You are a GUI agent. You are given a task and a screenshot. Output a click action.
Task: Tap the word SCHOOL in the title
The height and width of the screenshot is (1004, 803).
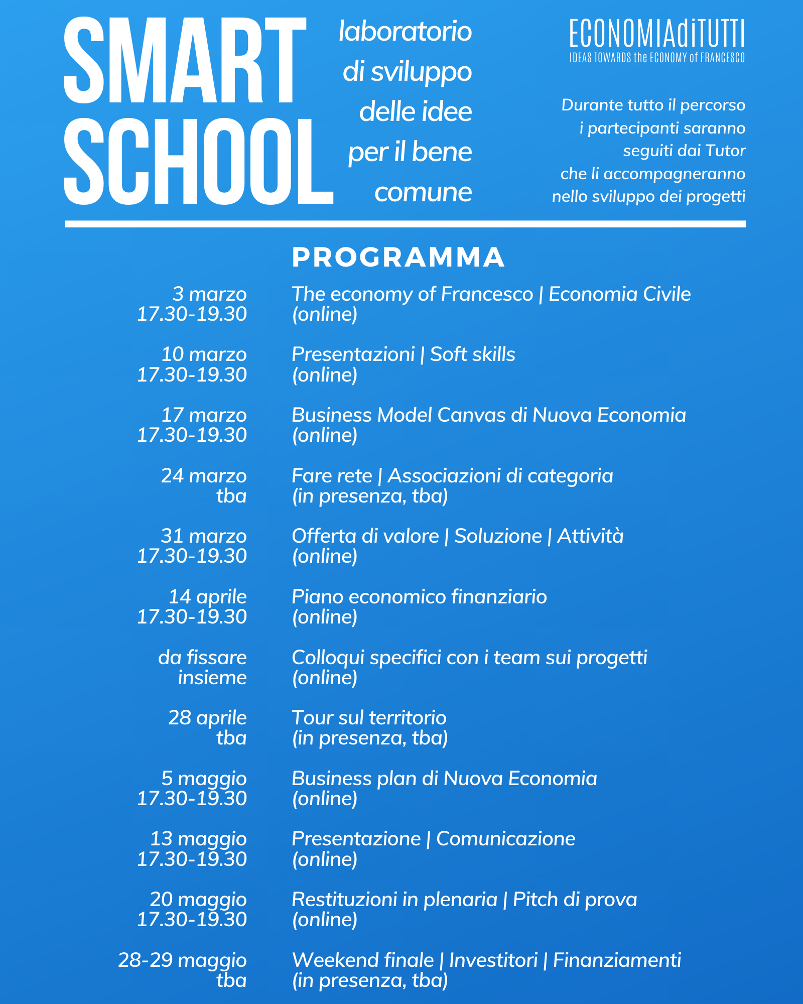click(198, 162)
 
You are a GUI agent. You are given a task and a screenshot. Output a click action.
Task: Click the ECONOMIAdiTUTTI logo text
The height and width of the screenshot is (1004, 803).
click(656, 34)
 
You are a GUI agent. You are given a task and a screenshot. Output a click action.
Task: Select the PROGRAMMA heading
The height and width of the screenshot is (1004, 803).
click(398, 257)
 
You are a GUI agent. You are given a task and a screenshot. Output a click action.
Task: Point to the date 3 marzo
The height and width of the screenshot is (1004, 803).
click(209, 294)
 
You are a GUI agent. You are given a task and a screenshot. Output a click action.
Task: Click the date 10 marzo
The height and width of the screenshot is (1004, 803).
click(203, 354)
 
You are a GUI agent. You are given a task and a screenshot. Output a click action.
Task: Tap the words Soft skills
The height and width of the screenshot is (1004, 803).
click(472, 354)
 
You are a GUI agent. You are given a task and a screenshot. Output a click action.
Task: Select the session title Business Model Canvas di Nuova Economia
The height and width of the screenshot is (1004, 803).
click(488, 415)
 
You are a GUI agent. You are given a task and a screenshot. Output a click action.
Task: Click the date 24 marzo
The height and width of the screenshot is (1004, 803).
click(203, 476)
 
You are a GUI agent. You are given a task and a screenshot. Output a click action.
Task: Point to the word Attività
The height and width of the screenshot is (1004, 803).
click(590, 536)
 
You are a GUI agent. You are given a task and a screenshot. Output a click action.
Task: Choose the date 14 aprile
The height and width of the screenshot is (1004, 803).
click(207, 597)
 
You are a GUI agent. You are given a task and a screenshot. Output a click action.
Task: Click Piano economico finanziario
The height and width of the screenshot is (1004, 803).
click(419, 597)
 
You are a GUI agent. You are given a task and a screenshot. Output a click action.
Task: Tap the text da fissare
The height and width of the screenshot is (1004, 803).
click(202, 658)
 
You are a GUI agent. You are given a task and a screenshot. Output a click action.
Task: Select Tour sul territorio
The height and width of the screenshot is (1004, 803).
click(369, 718)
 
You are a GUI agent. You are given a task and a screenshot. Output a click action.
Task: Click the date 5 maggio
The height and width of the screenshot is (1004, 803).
click(204, 779)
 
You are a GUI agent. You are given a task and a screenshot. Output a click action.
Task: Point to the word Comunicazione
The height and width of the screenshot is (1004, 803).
click(505, 839)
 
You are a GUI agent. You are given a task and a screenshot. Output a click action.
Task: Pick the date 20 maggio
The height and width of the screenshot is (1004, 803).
click(198, 900)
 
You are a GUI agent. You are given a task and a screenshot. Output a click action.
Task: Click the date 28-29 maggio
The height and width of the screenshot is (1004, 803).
click(182, 960)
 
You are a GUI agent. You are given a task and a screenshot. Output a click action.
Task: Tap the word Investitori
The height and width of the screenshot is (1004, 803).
click(493, 960)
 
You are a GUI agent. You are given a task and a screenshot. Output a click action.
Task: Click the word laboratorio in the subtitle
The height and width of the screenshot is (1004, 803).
click(405, 32)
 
